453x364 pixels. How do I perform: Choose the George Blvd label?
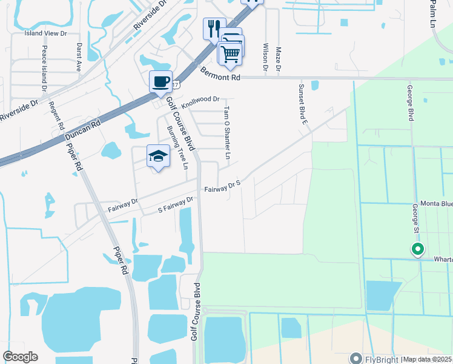tap(410, 103)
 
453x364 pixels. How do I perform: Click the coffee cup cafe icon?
tap(160, 82)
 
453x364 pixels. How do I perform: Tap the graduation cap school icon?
tap(157, 156)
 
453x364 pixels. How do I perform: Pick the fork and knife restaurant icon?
tap(214, 28)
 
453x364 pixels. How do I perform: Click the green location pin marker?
tap(417, 249)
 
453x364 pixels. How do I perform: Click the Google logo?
tap(20, 357)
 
